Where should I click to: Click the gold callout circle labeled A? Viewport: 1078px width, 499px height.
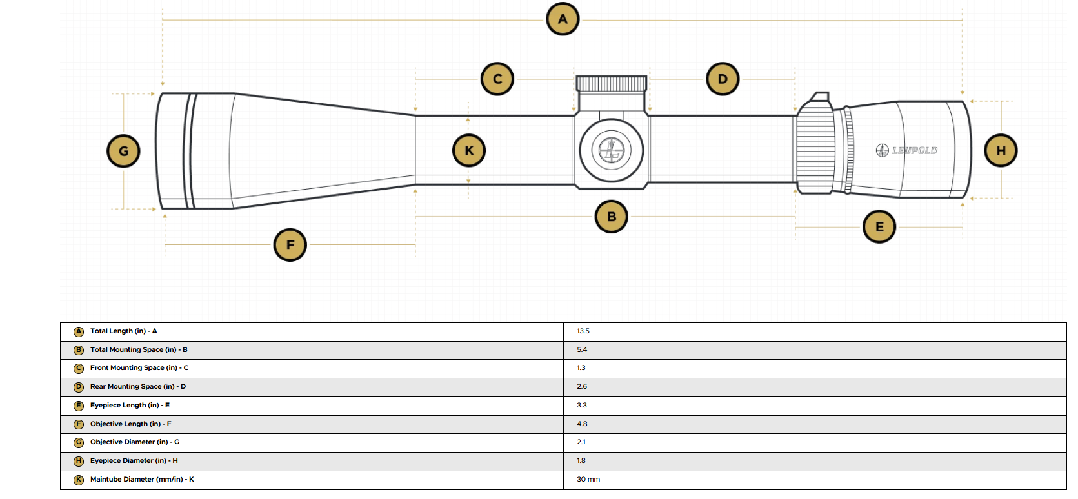pos(563,19)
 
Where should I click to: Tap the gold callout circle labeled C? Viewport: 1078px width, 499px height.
pos(497,79)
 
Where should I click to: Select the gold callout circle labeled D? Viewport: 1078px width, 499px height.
pos(723,79)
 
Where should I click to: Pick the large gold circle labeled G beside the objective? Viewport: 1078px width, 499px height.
pos(123,151)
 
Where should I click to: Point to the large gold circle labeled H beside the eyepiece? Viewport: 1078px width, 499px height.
pos(1001,150)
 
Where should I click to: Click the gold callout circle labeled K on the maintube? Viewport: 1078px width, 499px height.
pos(469,150)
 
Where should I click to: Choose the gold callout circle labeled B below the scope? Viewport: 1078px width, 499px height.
pos(611,217)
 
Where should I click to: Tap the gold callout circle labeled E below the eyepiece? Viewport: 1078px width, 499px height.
pos(879,226)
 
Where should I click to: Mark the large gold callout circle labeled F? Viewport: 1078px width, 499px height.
pos(290,245)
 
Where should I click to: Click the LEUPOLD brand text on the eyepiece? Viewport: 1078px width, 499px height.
pos(914,150)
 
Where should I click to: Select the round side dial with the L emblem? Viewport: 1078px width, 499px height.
pos(611,150)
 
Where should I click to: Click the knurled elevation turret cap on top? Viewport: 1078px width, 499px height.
pos(611,84)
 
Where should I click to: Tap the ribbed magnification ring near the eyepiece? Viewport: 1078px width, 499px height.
pos(815,150)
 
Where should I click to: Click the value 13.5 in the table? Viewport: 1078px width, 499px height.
pos(583,331)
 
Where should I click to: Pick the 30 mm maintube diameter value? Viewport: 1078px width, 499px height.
pos(588,479)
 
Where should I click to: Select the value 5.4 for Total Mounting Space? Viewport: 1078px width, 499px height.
pos(582,349)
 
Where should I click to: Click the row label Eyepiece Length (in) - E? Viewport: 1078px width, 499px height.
pos(130,406)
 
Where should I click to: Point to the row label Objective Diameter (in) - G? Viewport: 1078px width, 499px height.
pos(135,442)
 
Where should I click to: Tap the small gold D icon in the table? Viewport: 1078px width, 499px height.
pos(79,387)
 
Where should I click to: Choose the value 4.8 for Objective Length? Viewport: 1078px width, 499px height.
pos(582,424)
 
